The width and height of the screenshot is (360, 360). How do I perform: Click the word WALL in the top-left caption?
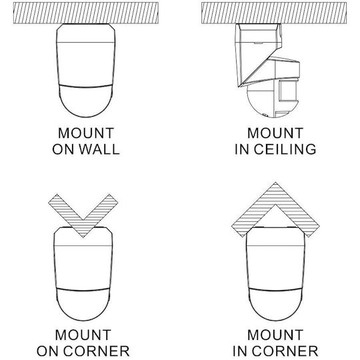pos(99,149)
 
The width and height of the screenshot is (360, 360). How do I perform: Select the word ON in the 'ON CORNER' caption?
pos(48,351)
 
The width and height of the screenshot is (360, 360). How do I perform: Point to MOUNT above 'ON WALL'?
pos(86,133)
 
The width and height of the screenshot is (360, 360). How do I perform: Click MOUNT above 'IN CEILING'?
pos(275,133)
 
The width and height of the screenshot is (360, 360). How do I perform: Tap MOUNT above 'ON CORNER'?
pos(83,335)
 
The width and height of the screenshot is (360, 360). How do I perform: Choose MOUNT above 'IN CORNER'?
pos(275,335)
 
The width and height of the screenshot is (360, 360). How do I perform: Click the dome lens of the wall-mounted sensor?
pos(86,101)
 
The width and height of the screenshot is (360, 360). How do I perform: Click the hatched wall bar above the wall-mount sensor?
pos(86,13)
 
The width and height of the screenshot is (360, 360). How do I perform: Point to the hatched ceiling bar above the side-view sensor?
pos(274,13)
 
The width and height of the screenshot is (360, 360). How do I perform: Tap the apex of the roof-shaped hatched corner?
pos(275,183)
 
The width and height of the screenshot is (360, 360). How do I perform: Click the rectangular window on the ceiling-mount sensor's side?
pos(287,91)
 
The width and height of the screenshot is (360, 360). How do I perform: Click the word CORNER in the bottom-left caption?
pos(96,351)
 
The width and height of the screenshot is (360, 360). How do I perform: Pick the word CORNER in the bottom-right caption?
pos(285,351)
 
